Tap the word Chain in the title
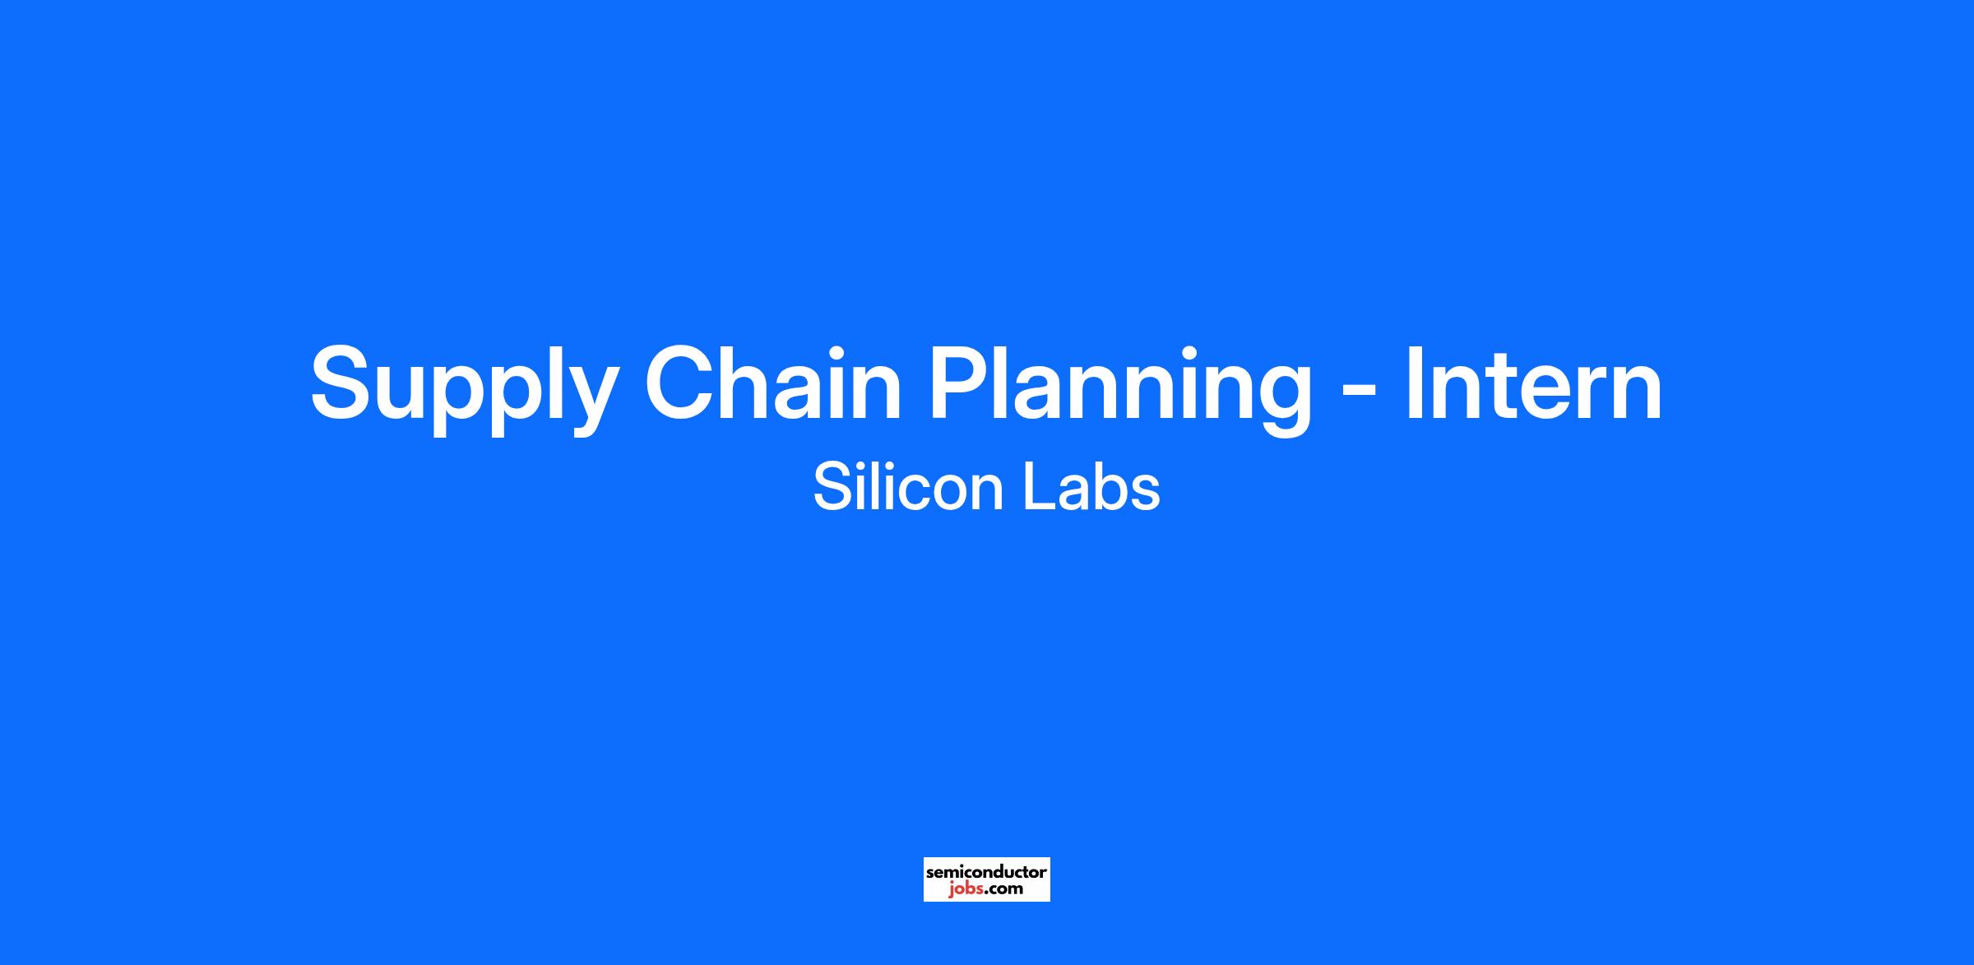tap(773, 382)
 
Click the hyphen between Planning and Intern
tap(1359, 392)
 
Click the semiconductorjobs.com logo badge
tap(987, 879)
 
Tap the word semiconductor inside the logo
tap(987, 871)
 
